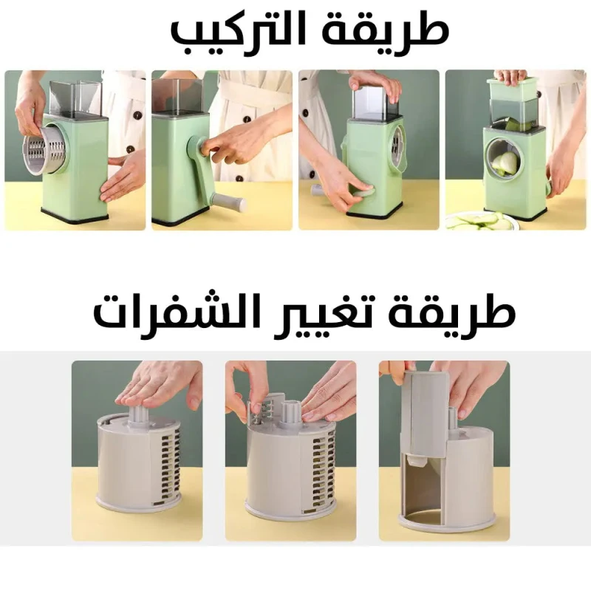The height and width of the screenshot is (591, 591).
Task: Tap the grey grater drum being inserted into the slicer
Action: (47, 151)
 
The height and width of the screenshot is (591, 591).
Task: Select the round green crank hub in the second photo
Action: (197, 146)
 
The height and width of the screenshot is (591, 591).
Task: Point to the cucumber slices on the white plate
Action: (482, 222)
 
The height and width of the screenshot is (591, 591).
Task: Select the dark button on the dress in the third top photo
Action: (312, 174)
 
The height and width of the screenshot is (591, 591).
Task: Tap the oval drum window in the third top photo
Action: (398, 147)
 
